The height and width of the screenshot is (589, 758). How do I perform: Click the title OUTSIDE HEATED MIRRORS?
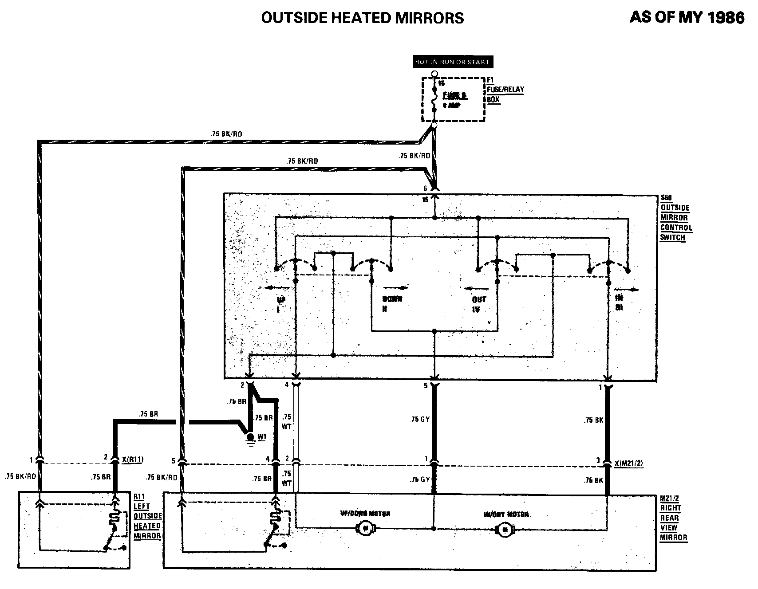362,18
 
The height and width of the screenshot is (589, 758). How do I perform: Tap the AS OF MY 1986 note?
687,17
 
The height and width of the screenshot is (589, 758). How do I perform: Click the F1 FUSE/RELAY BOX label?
505,90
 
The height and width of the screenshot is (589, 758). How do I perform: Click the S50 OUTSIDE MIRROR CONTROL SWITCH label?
675,218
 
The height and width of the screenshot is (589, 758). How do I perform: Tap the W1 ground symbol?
251,437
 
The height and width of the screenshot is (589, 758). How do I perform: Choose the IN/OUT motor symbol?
504,529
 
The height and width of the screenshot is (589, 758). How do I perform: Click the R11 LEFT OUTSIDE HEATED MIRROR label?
147,516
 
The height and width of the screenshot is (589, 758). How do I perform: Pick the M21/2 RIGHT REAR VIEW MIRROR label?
673,518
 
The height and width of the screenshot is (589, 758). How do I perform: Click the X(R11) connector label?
133,460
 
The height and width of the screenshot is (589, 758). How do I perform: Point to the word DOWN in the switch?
392,299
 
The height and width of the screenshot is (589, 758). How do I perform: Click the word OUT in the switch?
479,299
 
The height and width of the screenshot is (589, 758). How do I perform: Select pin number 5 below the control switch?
425,386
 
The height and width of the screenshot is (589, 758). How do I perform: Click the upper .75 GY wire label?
419,419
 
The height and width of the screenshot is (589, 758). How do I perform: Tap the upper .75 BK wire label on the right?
593,420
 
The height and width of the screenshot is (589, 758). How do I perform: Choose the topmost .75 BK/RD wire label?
226,134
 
